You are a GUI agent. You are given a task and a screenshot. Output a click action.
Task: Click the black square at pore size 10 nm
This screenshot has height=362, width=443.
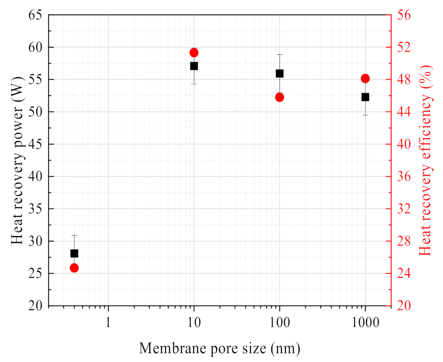click(194, 66)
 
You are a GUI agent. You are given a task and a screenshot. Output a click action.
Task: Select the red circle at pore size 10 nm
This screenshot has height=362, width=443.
click(194, 53)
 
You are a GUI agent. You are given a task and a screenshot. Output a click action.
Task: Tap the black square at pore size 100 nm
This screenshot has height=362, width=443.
click(279, 74)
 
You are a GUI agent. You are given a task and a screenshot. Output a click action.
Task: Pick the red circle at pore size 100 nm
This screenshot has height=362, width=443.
click(279, 97)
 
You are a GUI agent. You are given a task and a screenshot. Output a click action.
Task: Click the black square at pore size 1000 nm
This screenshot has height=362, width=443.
click(365, 97)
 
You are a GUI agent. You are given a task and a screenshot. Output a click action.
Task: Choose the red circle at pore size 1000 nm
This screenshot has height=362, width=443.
click(365, 79)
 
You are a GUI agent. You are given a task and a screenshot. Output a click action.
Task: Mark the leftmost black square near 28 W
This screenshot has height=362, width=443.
click(74, 254)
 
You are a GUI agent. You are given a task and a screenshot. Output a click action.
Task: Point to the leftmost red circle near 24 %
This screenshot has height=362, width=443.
click(74, 268)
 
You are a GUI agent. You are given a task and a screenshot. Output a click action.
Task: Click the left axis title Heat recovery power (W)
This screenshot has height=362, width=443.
click(17, 160)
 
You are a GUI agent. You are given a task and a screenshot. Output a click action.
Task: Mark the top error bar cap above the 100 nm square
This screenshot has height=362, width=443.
click(279, 54)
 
